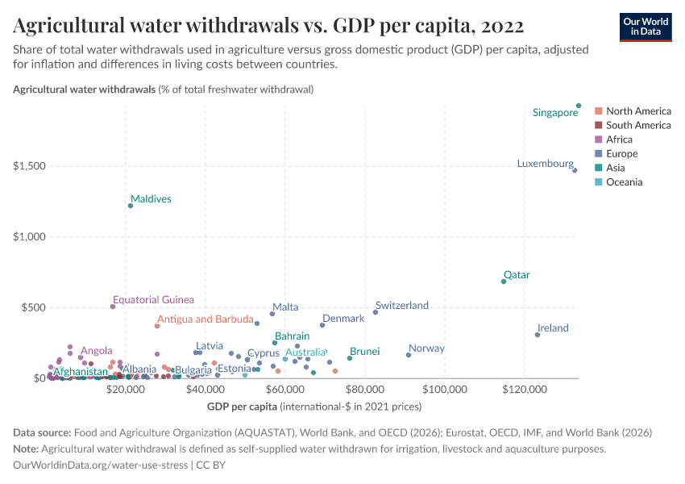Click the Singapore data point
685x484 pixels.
(579, 105)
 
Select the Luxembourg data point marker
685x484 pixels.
(575, 170)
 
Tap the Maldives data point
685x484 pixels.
(131, 206)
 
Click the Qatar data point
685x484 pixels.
(504, 282)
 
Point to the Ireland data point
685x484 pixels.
(538, 335)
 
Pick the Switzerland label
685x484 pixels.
(401, 306)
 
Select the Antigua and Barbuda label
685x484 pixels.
(205, 319)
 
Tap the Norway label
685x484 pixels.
(426, 348)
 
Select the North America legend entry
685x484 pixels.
(637, 111)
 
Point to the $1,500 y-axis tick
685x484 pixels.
(28, 166)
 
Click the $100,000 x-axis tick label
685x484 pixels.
(445, 388)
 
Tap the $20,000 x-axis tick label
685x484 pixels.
(125, 388)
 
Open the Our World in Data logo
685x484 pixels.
(646, 26)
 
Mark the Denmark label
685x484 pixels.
(343, 319)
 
